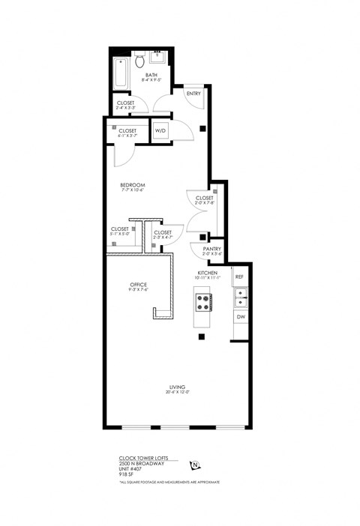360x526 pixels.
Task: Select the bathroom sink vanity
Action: [x=159, y=58]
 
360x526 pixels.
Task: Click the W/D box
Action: [x=161, y=130]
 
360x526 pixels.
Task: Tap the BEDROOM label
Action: [x=132, y=184]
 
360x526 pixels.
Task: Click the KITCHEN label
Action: [x=207, y=273]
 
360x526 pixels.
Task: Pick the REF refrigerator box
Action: [x=239, y=277]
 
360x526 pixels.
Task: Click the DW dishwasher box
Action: [x=241, y=317]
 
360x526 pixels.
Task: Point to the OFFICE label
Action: [x=137, y=285]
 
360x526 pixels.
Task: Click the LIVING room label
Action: [x=177, y=388]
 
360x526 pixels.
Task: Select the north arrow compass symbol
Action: [x=195, y=465]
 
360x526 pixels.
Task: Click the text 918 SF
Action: [x=127, y=474]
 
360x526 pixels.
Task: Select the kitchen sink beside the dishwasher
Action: [x=241, y=300]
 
